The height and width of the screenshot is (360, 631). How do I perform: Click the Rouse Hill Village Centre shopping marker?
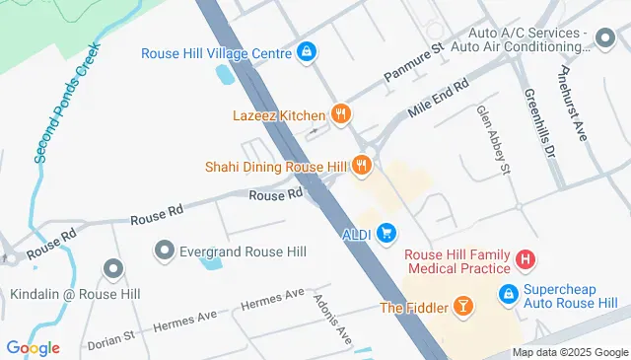pos(307,52)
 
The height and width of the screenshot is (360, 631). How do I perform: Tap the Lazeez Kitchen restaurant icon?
pos(341,115)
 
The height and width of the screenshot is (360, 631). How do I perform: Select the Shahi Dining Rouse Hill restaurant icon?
pos(363,167)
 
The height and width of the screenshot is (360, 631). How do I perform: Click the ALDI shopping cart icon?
pos(387,232)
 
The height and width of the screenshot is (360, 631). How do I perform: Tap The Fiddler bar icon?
pos(462,308)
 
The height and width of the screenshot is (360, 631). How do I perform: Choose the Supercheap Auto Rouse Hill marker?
pos(508,294)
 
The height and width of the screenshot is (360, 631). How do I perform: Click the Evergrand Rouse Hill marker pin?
pos(165,252)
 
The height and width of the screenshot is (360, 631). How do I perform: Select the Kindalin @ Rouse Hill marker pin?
pos(113,268)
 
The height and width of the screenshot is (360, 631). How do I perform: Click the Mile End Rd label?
pos(437,101)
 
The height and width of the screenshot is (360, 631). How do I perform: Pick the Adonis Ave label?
pos(332,319)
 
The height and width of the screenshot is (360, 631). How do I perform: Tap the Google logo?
pos(33,347)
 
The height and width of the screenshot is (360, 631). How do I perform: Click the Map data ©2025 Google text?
pos(569,352)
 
